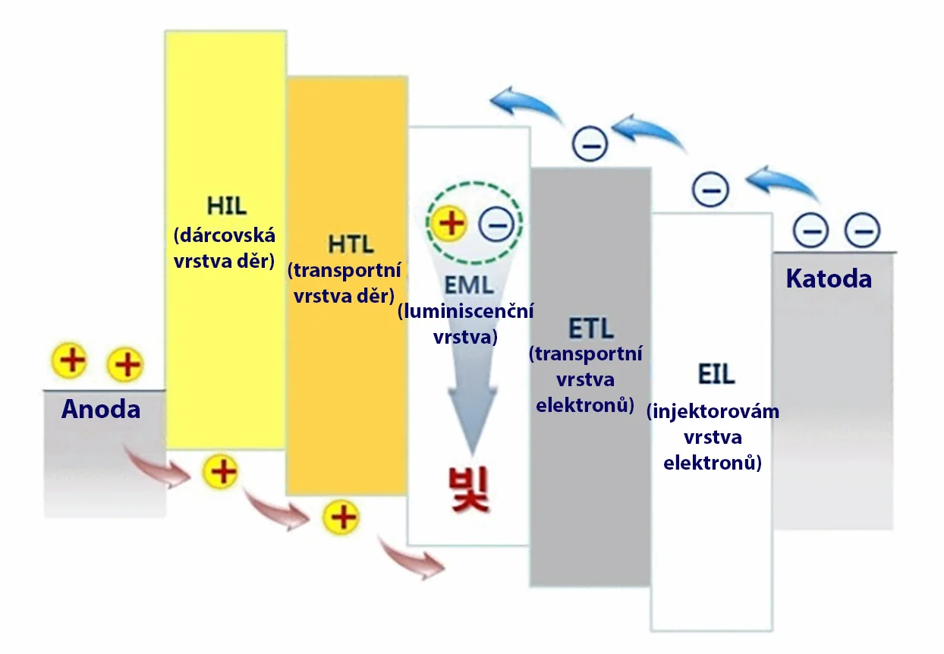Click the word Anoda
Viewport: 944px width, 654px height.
(101, 410)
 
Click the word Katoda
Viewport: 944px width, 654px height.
(829, 279)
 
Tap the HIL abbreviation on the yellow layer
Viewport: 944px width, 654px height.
(225, 206)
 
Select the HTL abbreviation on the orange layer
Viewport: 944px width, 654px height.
(351, 245)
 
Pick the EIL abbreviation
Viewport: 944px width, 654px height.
(716, 375)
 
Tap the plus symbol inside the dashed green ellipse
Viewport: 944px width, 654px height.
(452, 223)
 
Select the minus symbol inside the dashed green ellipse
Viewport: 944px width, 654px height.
(498, 225)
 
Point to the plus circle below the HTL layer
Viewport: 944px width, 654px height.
(341, 517)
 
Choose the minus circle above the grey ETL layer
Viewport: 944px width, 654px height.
(590, 143)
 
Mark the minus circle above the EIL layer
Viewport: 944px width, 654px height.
(710, 189)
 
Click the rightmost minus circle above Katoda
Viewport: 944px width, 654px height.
(863, 228)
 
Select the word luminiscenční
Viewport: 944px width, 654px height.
(466, 311)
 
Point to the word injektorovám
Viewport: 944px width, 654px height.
(713, 411)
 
